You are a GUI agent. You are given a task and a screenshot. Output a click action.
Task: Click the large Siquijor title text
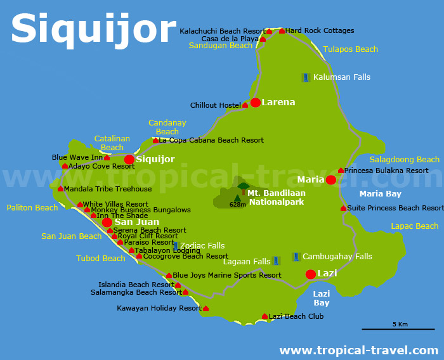93,29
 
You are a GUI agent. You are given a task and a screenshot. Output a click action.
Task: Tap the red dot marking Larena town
255,103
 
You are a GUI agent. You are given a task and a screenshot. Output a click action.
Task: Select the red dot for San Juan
107,222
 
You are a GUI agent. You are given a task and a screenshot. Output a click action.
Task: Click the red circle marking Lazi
310,274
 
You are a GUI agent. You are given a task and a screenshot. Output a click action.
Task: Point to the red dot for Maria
330,180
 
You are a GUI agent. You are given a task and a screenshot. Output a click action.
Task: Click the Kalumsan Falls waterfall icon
306,77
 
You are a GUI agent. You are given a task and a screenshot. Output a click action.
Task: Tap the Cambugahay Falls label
337,257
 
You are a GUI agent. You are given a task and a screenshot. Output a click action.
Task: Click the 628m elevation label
238,205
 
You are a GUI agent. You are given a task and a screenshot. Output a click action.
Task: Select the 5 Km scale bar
389,329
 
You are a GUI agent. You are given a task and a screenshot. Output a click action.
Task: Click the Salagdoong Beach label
405,160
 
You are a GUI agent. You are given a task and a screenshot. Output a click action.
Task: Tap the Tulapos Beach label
350,49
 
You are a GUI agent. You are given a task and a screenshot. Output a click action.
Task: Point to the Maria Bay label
380,194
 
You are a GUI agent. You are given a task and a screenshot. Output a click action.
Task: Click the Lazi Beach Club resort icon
264,316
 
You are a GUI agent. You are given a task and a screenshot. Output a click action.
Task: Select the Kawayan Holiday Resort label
159,309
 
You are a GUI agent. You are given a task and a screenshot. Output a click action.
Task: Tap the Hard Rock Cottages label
320,30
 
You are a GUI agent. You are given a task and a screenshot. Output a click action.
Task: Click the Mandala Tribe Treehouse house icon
60,189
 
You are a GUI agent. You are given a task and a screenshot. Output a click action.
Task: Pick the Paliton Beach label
32,208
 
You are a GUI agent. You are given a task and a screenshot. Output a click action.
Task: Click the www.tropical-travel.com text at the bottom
358,350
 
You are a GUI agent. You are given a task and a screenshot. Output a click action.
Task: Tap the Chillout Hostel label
216,105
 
